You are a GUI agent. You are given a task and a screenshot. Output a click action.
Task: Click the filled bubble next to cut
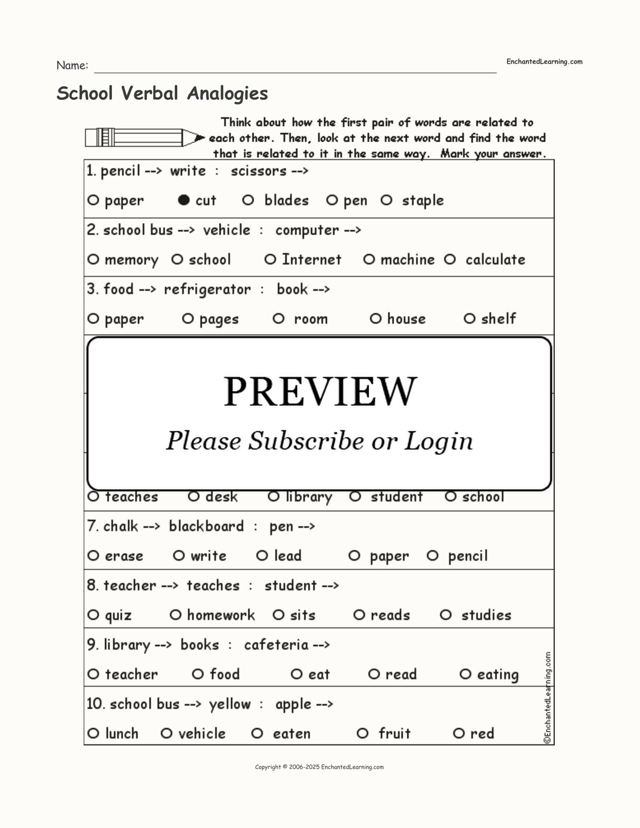(x=184, y=200)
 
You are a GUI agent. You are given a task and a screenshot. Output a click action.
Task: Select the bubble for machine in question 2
(x=369, y=259)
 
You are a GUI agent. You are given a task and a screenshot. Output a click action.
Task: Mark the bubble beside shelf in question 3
(x=470, y=318)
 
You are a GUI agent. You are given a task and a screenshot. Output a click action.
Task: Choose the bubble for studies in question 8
(x=445, y=615)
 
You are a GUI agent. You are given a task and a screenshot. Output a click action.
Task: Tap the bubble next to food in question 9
(x=198, y=674)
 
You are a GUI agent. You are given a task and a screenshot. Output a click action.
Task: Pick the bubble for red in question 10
(x=459, y=733)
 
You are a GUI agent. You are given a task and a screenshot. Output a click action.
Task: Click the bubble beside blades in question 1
(x=248, y=200)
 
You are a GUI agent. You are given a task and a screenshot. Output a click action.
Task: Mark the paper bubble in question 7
(x=355, y=556)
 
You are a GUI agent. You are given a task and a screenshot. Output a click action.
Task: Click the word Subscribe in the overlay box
(x=305, y=441)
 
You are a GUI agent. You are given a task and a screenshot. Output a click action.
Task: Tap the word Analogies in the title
(x=227, y=93)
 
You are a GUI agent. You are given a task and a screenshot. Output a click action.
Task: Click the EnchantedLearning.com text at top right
(x=544, y=62)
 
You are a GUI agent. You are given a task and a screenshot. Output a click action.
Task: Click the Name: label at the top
(x=72, y=65)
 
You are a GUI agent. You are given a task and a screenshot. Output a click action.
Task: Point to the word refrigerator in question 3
(x=207, y=289)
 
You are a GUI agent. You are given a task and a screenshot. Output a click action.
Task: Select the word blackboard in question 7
(x=206, y=526)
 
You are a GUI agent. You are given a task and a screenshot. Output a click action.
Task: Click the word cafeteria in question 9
(x=276, y=645)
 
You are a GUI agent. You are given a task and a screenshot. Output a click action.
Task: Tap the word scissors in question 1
(x=259, y=171)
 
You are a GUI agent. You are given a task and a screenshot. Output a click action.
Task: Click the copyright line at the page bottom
(x=319, y=767)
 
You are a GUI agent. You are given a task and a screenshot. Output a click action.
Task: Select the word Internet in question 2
(x=312, y=259)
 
